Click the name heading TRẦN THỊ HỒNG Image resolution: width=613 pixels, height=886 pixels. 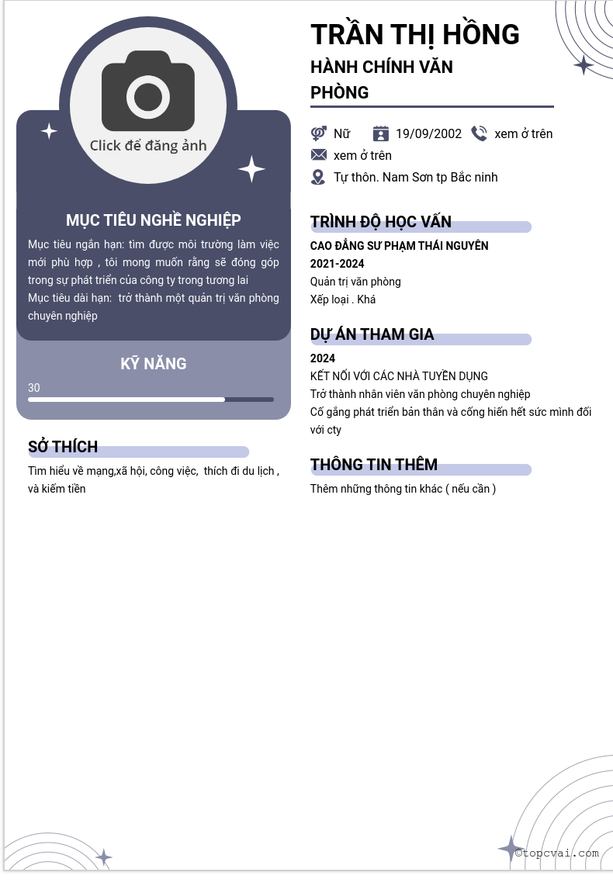414,35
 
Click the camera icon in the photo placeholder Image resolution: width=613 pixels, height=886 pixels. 148,92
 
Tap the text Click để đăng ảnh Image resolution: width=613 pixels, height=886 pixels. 148,145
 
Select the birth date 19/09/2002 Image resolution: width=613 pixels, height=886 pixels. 428,133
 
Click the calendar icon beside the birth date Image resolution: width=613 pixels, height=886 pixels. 380,133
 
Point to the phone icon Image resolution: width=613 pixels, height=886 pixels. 479,133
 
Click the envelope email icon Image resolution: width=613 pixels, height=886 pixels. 318,155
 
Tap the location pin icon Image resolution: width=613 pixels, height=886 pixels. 318,177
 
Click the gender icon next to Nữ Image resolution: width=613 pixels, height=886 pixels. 318,133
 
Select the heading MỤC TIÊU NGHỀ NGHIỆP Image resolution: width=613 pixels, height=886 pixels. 154,220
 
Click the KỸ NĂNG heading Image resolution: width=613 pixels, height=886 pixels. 154,364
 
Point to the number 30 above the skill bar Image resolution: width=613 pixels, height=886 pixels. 34,388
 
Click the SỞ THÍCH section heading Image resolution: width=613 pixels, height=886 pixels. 63,447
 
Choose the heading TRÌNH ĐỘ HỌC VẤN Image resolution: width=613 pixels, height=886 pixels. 380,222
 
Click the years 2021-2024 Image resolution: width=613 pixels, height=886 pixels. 337,264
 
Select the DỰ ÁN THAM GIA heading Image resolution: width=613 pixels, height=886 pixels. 372,334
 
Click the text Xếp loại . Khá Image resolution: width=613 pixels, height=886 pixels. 343,299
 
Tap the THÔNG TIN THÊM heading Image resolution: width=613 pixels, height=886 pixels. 374,465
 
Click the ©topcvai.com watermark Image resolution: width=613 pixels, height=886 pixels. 557,853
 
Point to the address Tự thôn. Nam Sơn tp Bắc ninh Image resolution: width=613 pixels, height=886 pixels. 415,177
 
